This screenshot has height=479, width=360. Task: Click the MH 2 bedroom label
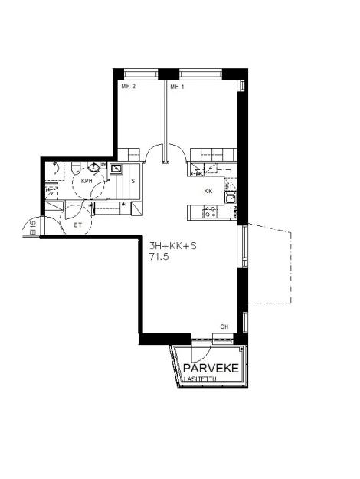[x=129, y=87]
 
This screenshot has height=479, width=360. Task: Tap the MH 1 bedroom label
[x=178, y=87]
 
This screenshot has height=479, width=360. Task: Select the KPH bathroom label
[x=87, y=181]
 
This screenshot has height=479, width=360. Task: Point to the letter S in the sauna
[x=133, y=181]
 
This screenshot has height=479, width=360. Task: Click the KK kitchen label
[x=208, y=191]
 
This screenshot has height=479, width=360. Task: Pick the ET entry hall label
[x=77, y=225]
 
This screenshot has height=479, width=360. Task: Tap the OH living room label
[x=224, y=327]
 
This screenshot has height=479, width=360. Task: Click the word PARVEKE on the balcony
[x=211, y=369]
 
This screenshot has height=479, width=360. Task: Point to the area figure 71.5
[x=159, y=259]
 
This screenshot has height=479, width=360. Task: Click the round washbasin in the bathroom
[x=93, y=166]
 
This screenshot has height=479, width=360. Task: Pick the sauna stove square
[x=116, y=168]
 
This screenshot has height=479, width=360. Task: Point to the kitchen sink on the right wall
[x=231, y=199]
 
